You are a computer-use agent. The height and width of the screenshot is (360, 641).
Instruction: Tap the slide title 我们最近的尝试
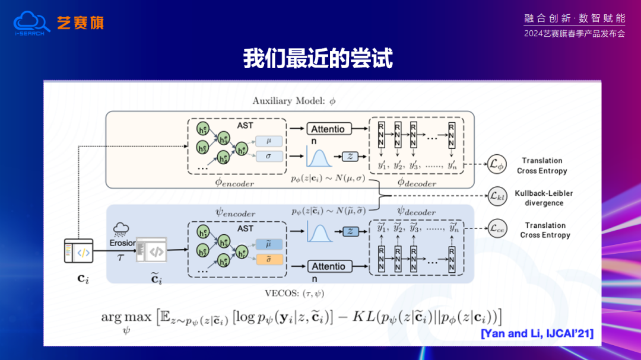pos(318,59)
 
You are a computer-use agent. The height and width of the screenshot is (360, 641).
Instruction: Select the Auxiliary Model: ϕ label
pos(294,101)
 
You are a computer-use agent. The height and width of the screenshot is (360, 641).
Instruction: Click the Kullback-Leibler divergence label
pos(544,198)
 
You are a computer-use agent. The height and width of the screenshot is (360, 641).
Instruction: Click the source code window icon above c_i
pos(78,251)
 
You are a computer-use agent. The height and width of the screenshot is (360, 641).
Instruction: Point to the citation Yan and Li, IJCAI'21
pos(537,333)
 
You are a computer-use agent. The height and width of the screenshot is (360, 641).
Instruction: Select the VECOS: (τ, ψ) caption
pos(294,293)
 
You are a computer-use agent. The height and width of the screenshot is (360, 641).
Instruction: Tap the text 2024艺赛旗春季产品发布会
pos(575,34)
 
